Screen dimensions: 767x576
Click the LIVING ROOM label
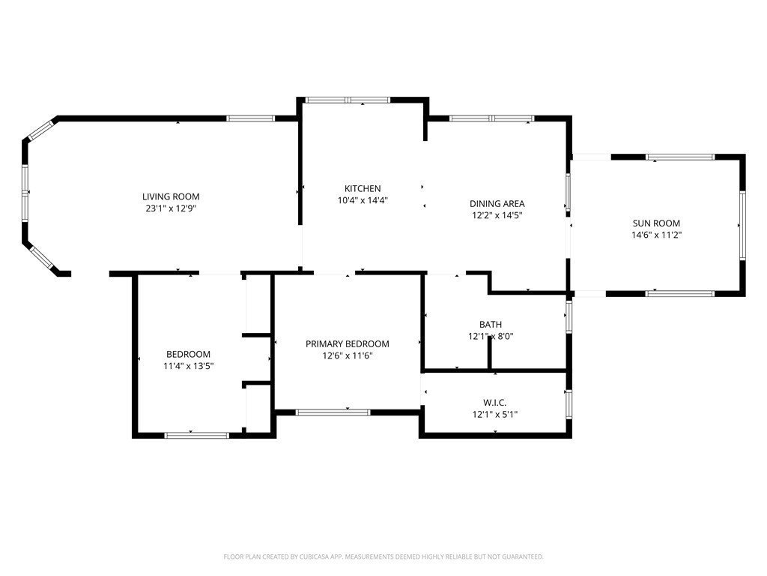click(x=171, y=197)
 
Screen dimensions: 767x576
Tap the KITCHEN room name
click(x=363, y=188)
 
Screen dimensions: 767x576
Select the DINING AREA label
click(x=497, y=204)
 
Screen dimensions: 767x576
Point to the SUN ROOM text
click(x=656, y=223)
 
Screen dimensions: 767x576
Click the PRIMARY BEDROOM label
click(x=348, y=343)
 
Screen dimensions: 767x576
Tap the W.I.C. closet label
click(x=495, y=403)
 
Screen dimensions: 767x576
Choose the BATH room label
click(x=491, y=324)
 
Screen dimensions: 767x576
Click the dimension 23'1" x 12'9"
click(x=171, y=208)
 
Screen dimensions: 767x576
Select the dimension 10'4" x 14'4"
click(x=363, y=199)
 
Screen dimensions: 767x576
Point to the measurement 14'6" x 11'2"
click(x=656, y=235)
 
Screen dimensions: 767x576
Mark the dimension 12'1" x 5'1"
click(x=495, y=414)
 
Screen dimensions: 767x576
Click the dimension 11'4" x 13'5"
click(x=188, y=365)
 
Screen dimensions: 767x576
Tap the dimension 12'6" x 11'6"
click(x=348, y=355)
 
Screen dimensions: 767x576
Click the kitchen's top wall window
click(x=348, y=100)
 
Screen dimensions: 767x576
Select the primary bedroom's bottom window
click(x=333, y=412)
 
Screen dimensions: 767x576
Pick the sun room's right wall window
click(x=742, y=225)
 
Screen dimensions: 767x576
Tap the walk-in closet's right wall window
click(x=569, y=403)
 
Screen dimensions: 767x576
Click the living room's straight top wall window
click(x=250, y=118)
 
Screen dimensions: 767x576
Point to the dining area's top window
click(x=491, y=118)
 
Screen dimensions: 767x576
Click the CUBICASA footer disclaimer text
click(x=383, y=557)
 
